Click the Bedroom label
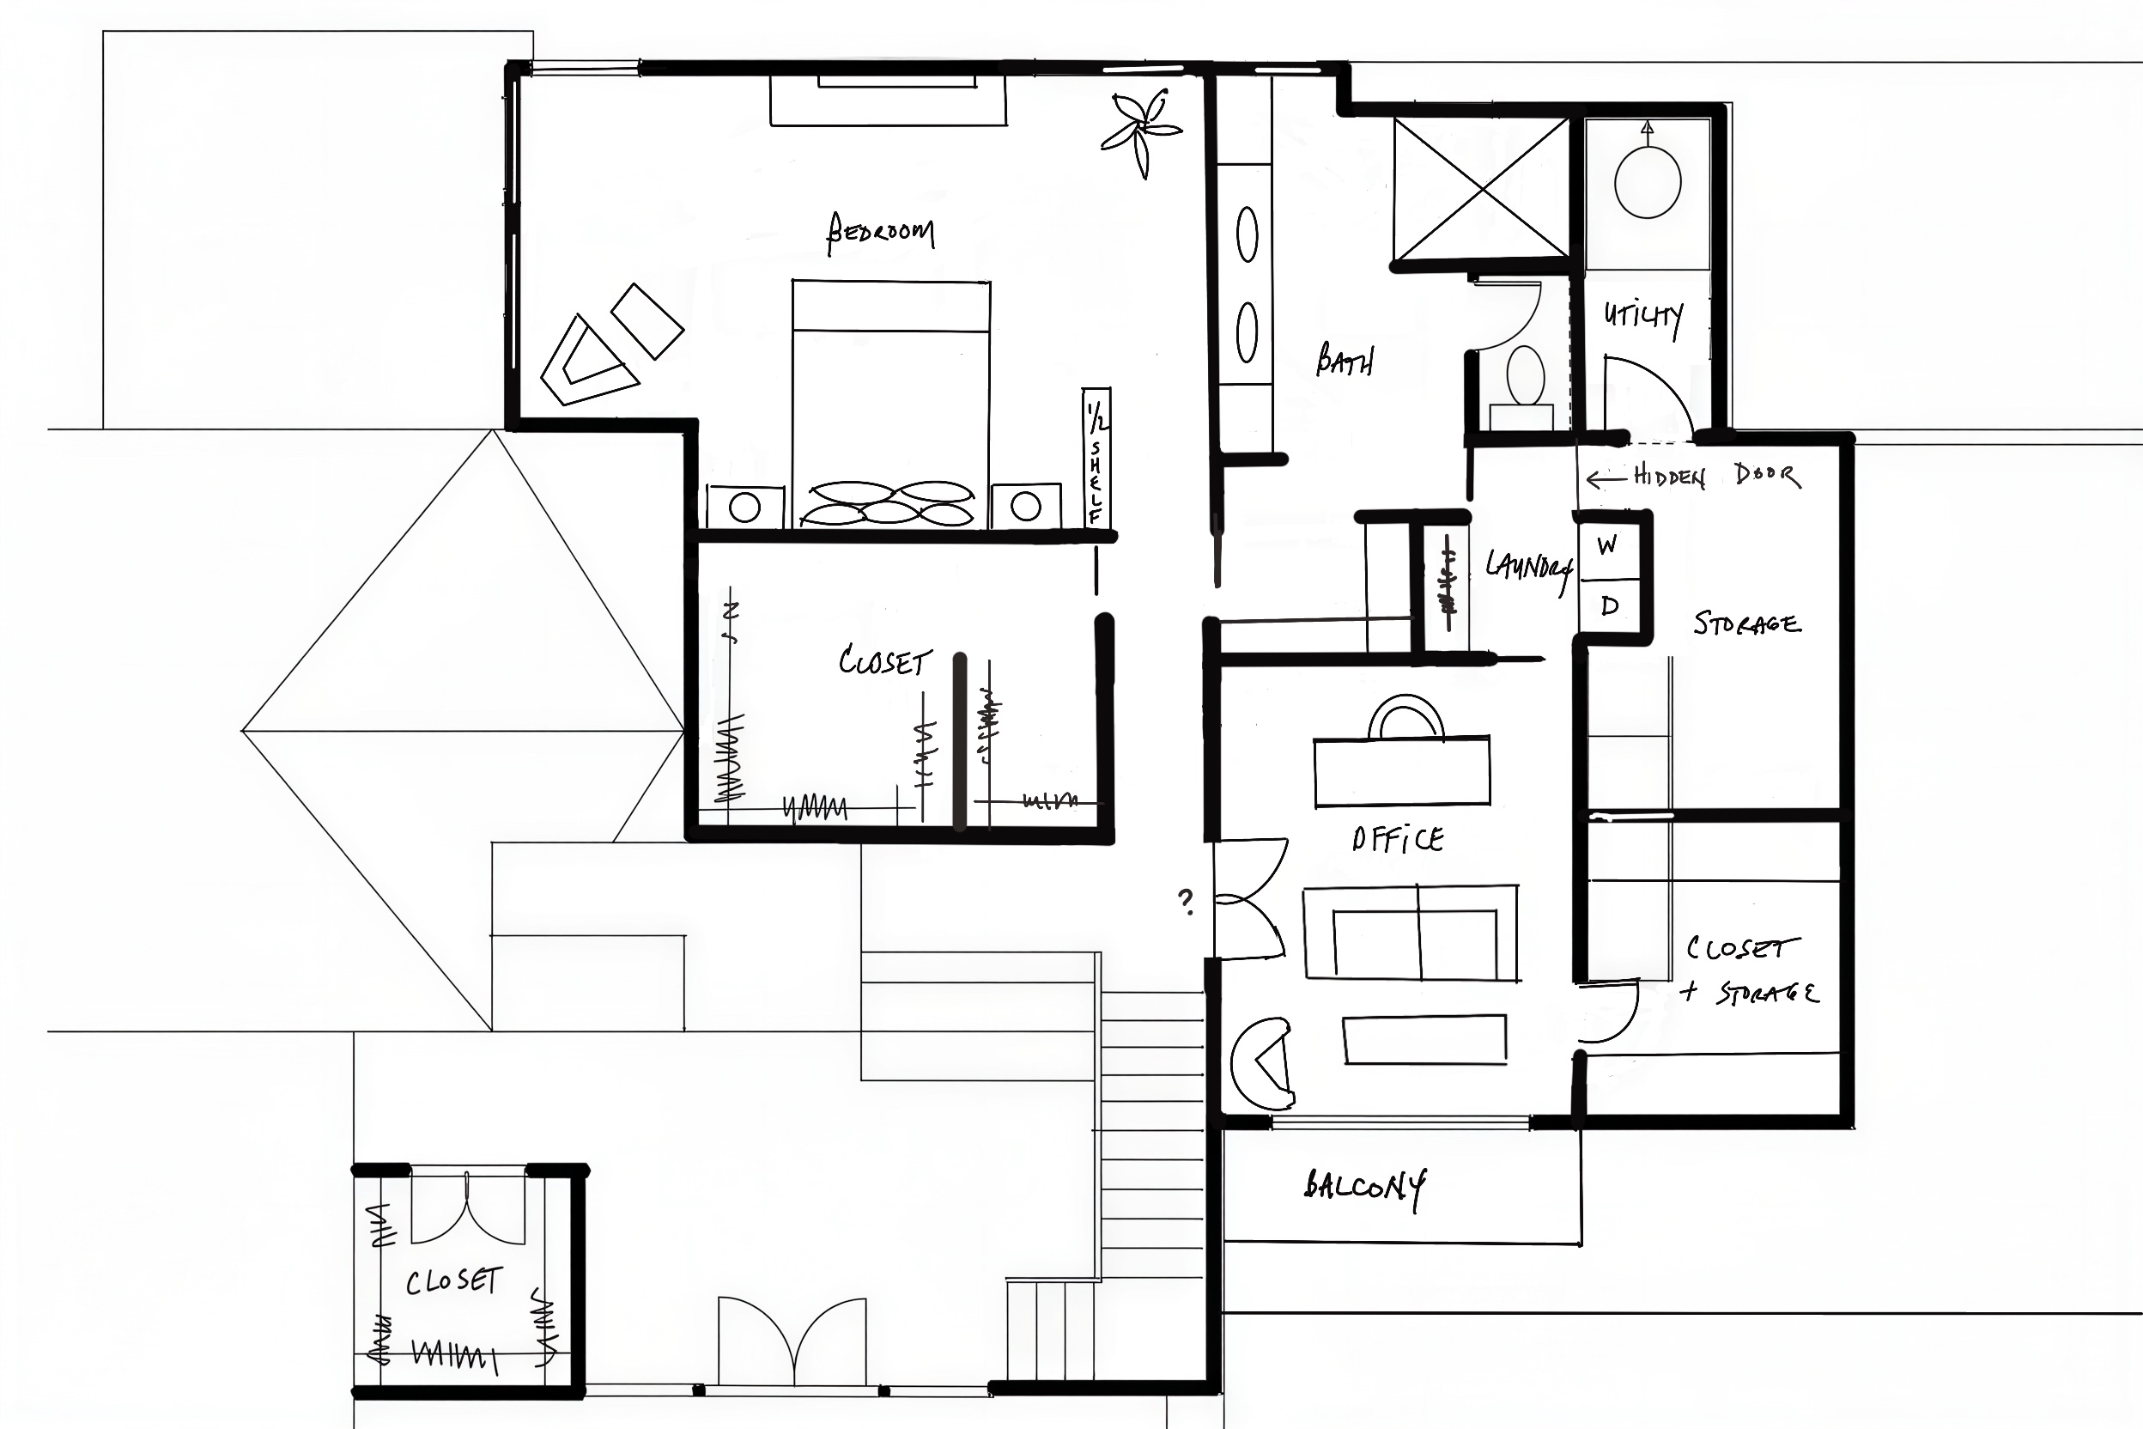click(x=879, y=233)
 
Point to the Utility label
click(x=1643, y=318)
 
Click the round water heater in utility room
click(x=1648, y=183)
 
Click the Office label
click(x=1398, y=839)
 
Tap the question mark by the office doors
click(x=1186, y=902)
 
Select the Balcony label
click(x=1365, y=1188)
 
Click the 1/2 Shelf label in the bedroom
click(x=1096, y=457)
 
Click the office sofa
click(x=1411, y=933)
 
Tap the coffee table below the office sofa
click(x=1425, y=1039)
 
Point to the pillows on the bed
click(x=888, y=503)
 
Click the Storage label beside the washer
click(x=1746, y=624)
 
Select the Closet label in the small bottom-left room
click(x=453, y=1281)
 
